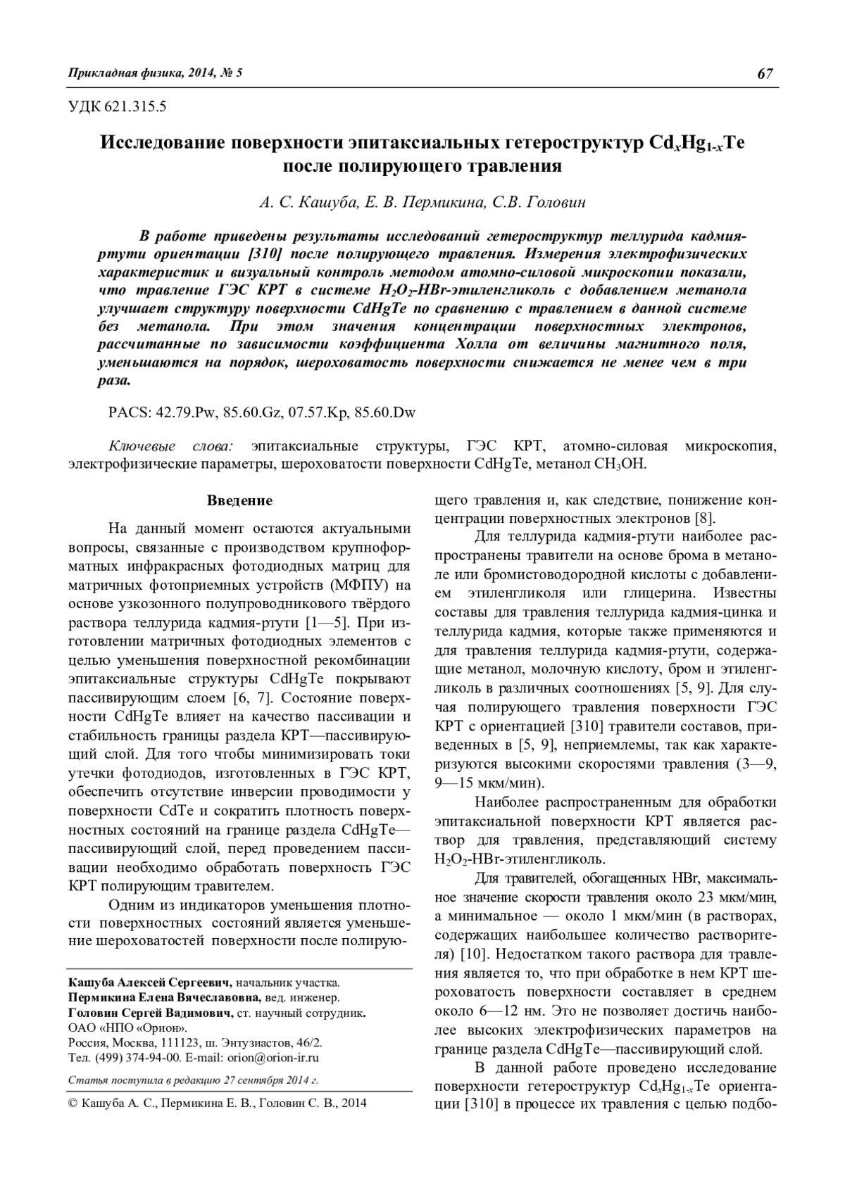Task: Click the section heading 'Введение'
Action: (239, 501)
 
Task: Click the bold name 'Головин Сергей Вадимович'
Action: (149, 1013)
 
